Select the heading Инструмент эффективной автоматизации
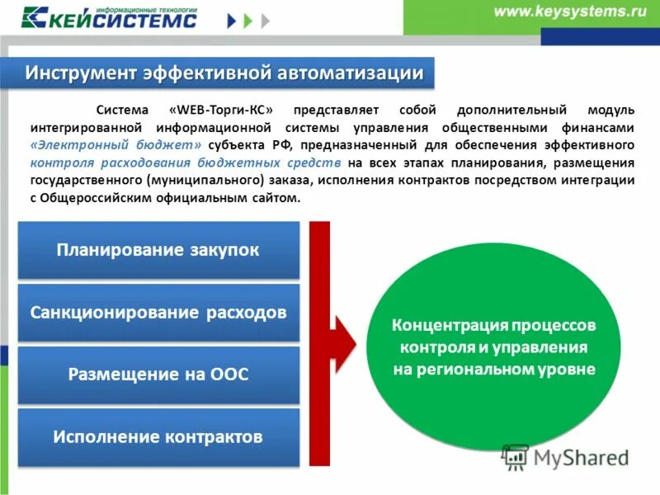click(x=224, y=73)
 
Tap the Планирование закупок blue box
click(x=158, y=250)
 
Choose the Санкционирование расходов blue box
click(x=158, y=313)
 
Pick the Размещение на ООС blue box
click(x=158, y=375)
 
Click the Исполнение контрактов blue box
click(x=158, y=436)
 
